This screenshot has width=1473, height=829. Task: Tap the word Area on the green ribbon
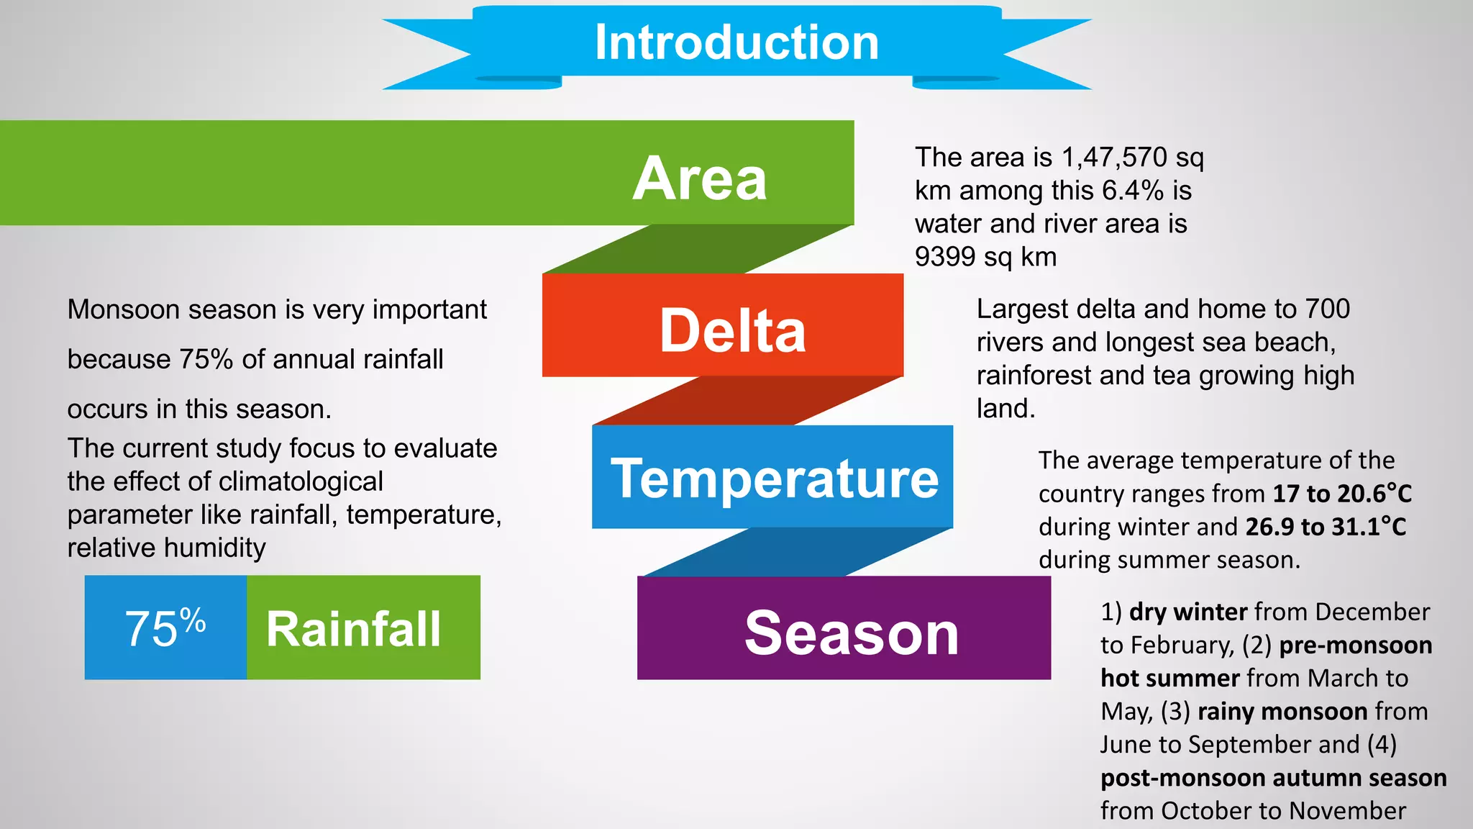click(699, 178)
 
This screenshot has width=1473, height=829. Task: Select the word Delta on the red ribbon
click(732, 330)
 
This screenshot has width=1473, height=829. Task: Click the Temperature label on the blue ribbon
click(775, 479)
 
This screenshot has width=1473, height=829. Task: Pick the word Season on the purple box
click(852, 633)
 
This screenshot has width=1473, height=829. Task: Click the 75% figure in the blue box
click(165, 628)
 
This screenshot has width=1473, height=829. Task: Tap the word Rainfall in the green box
click(353, 629)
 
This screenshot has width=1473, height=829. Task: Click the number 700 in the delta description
click(1327, 309)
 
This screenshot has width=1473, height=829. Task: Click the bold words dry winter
click(1188, 612)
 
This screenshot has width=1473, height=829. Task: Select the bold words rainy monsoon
click(1282, 711)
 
